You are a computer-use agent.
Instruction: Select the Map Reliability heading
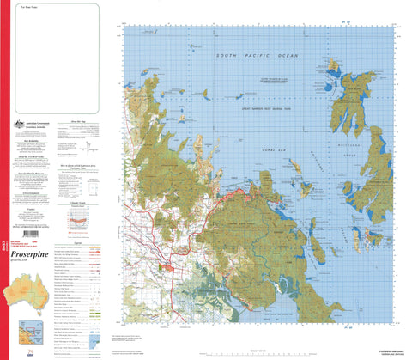click(x=29, y=137)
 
